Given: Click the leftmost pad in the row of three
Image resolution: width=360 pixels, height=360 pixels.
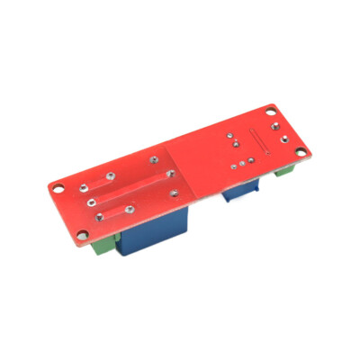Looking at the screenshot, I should click(231, 167).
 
